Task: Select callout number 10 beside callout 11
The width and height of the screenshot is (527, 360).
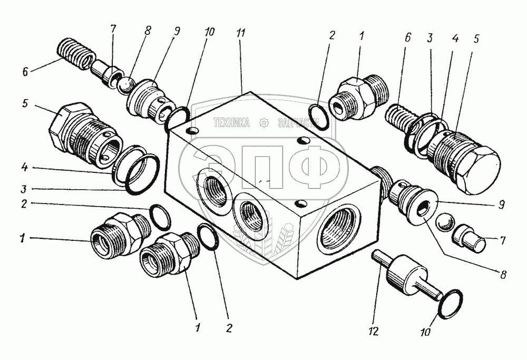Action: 210,33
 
